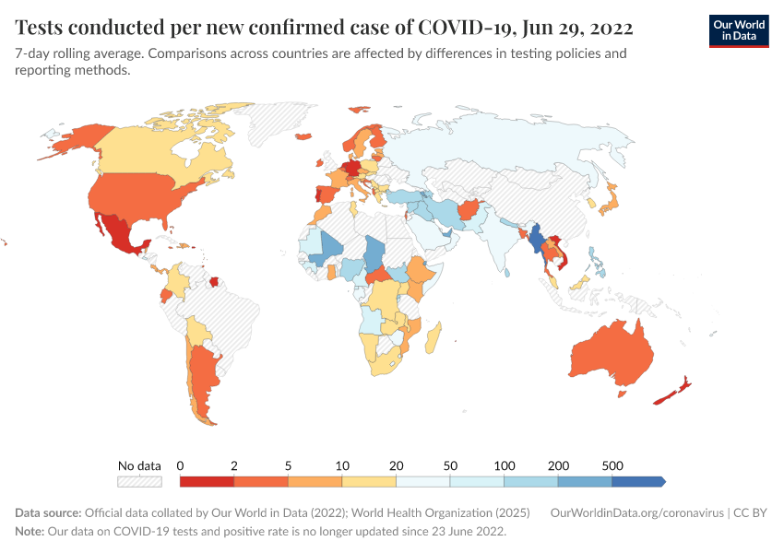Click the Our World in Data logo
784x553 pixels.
pyautogui.click(x=738, y=29)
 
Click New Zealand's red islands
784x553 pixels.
pyautogui.click(x=671, y=392)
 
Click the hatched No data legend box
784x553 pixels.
pyautogui.click(x=139, y=481)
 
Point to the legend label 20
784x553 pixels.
pyautogui.click(x=397, y=465)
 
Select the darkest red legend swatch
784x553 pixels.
pyautogui.click(x=207, y=481)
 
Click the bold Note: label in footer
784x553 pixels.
pyautogui.click(x=31, y=532)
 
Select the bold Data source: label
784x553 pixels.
pyautogui.click(x=48, y=513)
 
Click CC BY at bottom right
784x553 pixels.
pyautogui.click(x=752, y=513)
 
